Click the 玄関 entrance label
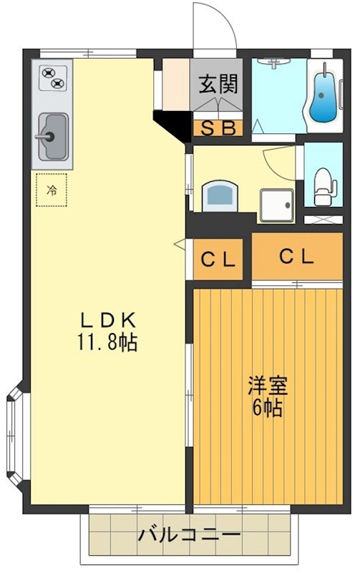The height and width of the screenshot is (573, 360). [x=218, y=85]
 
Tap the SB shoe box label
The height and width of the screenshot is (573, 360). [x=218, y=129]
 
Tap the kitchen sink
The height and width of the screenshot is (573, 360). [x=52, y=136]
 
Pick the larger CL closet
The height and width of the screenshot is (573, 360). [x=296, y=256]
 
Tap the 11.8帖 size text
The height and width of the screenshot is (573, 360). [x=107, y=342]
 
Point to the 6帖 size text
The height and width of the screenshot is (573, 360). [x=268, y=409]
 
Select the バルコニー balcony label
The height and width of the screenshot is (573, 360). [x=189, y=535]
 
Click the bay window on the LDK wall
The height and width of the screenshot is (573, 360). [x=16, y=435]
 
